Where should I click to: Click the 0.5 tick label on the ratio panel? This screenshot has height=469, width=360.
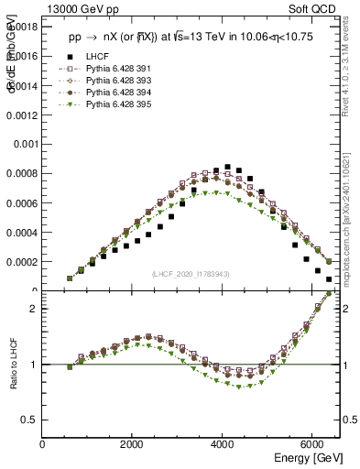coord(29,420)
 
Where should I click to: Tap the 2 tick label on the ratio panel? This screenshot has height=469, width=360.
coord(33,309)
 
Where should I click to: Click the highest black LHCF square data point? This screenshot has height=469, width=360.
coord(227,167)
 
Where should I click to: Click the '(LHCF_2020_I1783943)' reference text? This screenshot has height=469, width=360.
coord(190,274)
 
